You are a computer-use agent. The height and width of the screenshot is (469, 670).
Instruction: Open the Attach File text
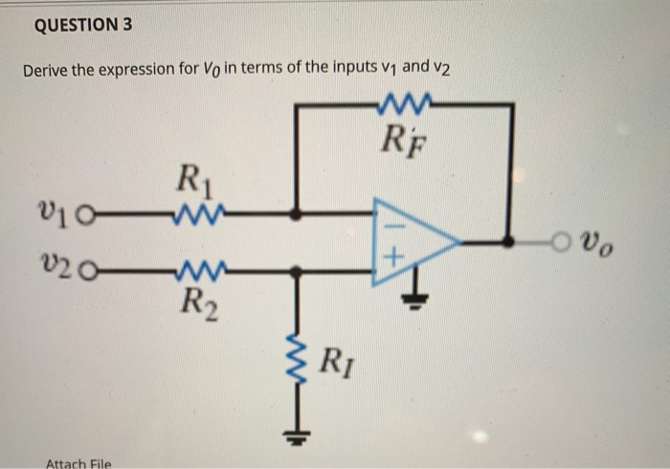pyautogui.click(x=78, y=463)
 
